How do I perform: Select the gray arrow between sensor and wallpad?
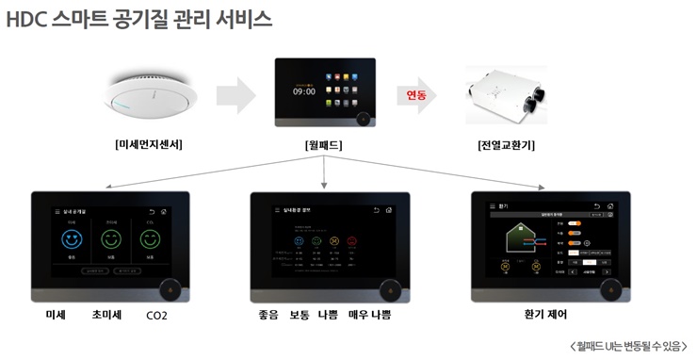[235, 95]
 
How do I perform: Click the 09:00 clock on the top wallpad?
[303, 92]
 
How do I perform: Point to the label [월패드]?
[323, 146]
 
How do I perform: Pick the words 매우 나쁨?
[369, 315]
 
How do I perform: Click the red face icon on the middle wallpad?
[351, 240]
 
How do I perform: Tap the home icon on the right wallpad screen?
[610, 205]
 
